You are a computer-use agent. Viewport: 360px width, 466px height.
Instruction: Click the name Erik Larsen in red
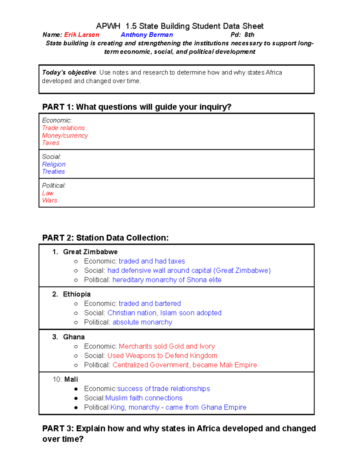[82, 35]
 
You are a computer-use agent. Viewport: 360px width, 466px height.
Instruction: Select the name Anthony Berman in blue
[147, 35]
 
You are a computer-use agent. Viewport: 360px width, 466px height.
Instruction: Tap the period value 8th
[249, 35]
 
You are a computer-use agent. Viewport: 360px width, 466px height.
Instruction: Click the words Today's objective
[69, 73]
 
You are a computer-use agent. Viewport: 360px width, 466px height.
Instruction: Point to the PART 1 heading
[136, 107]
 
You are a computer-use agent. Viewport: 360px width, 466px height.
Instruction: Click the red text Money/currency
[65, 136]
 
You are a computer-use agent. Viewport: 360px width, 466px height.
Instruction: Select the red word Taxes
[51, 143]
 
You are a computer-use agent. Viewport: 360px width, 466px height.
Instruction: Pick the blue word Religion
[54, 164]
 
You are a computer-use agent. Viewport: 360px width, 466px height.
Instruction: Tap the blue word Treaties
[53, 172]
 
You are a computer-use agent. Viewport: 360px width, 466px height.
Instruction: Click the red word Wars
[49, 200]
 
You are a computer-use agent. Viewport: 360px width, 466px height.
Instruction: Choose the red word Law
[48, 193]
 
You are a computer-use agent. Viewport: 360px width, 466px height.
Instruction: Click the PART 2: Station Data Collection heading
[105, 238]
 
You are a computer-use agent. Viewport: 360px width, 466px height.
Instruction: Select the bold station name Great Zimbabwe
[90, 252]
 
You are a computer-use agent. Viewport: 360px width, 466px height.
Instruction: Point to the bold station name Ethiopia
[77, 294]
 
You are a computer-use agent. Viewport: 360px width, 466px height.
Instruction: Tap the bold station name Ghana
[74, 337]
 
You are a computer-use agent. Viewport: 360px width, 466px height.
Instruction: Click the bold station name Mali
[71, 380]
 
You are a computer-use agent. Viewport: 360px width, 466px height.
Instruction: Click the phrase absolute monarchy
[142, 322]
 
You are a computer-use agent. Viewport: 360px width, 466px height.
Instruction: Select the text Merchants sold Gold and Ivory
[167, 346]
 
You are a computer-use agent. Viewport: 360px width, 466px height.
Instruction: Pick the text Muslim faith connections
[144, 398]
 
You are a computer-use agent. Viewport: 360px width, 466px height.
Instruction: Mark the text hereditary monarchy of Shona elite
[167, 280]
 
